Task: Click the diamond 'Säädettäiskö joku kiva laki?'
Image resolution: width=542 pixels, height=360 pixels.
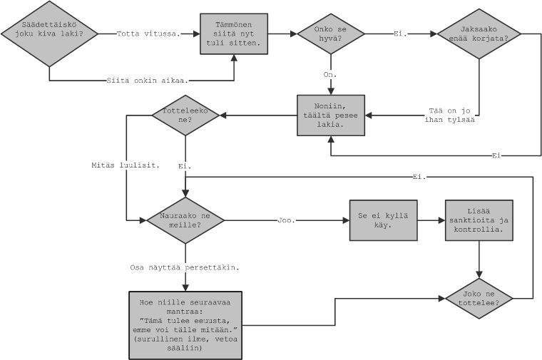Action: pyautogui.click(x=49, y=34)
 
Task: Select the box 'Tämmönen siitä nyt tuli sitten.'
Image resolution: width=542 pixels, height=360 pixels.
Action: pyautogui.click(x=234, y=34)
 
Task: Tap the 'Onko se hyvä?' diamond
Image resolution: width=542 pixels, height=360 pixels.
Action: pyautogui.click(x=330, y=34)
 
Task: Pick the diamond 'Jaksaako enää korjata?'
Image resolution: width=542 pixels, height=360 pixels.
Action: pyautogui.click(x=479, y=33)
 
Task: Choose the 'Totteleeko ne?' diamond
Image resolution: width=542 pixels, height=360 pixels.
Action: pyautogui.click(x=185, y=115)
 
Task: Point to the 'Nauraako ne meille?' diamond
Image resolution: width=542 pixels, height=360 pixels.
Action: pyautogui.click(x=185, y=220)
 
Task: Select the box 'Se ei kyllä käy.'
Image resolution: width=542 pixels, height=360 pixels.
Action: pyautogui.click(x=383, y=220)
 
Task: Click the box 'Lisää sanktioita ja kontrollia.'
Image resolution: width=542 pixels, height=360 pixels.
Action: pyautogui.click(x=479, y=220)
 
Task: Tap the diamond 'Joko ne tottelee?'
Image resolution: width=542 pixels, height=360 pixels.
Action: pyautogui.click(x=479, y=297)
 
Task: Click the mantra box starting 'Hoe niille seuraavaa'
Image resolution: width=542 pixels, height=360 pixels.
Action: pyautogui.click(x=185, y=324)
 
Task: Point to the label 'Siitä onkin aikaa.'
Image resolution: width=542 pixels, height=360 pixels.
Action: pyautogui.click(x=147, y=80)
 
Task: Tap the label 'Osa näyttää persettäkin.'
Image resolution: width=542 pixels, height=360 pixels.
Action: pyautogui.click(x=184, y=267)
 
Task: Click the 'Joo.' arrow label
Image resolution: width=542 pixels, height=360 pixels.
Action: pyautogui.click(x=286, y=220)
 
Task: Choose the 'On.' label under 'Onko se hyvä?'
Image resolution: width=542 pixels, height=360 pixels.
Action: pyautogui.click(x=330, y=74)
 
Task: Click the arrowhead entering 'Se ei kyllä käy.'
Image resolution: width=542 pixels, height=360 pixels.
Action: pyautogui.click(x=345, y=220)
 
